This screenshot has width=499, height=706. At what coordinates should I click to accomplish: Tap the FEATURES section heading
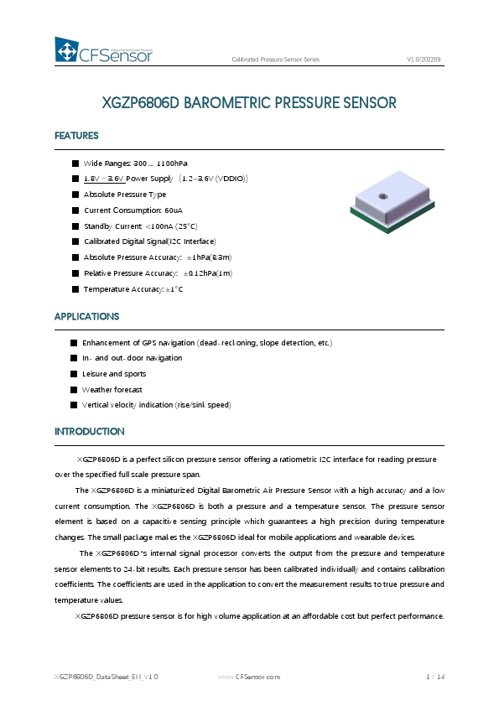(76, 136)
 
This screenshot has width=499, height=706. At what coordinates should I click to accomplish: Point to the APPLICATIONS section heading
(86, 317)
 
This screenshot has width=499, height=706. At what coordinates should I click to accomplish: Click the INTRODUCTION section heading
(89, 432)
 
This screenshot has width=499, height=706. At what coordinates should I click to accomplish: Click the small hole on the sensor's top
(382, 196)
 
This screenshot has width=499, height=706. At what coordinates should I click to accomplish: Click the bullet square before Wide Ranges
(75, 163)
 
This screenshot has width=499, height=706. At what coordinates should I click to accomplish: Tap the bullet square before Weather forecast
(74, 390)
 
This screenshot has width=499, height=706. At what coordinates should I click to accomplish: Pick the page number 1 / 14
(434, 677)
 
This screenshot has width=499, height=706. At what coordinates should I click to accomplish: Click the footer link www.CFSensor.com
(249, 677)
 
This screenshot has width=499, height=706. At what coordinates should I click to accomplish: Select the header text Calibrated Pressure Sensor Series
(275, 60)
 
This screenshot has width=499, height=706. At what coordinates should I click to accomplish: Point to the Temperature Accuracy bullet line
(133, 289)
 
